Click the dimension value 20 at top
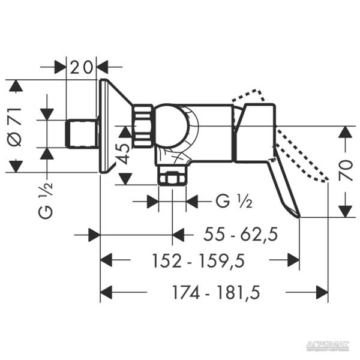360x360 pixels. tap(82, 67)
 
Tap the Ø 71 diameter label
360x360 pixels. tap(16, 127)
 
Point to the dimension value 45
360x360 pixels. tap(124, 155)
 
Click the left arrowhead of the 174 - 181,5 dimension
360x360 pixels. tap(106, 293)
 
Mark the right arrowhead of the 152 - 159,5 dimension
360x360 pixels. tap(293, 260)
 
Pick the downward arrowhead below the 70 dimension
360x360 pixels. tap(345, 211)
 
